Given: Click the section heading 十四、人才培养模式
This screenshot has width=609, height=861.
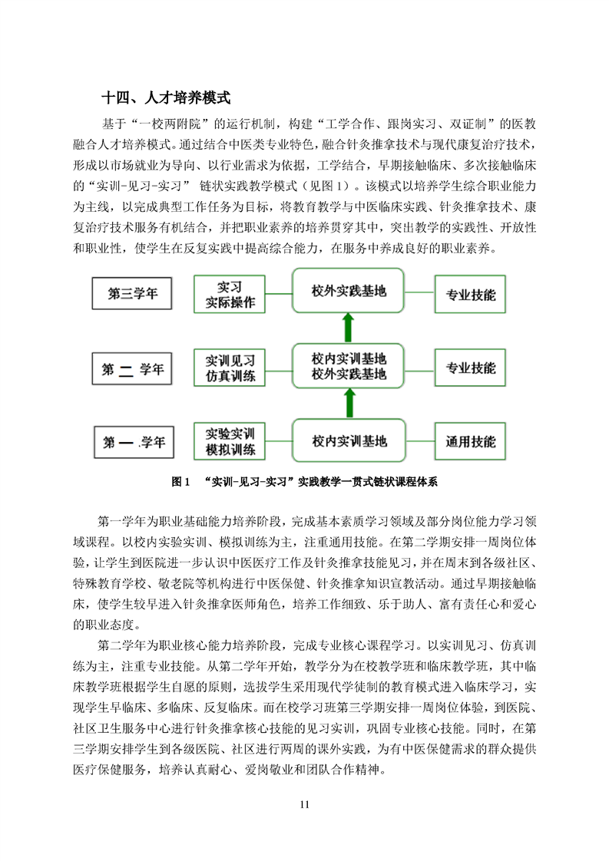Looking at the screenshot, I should (x=166, y=99).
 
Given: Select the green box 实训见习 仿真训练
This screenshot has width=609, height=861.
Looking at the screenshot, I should (x=230, y=368).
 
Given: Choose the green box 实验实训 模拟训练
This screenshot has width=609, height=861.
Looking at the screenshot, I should (x=230, y=442).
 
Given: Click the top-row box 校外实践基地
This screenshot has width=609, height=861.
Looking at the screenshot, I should (x=349, y=291).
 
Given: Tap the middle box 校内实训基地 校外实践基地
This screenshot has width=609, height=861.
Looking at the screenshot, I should (x=349, y=366).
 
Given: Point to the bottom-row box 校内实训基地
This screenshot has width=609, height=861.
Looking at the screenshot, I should (x=349, y=441).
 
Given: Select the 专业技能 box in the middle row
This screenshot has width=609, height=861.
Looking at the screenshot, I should (x=471, y=368).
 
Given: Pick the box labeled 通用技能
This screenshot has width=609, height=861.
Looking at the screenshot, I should (x=471, y=442).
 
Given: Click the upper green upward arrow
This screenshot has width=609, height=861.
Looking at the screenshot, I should (x=349, y=327).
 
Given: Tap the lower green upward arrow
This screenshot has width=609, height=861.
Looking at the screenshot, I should (x=349, y=402).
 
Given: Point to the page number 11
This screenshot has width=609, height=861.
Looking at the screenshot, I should (x=304, y=805).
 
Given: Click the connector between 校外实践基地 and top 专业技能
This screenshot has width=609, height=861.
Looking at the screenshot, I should (x=419, y=292).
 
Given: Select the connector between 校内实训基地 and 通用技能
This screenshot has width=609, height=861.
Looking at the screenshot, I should (x=419, y=441).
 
